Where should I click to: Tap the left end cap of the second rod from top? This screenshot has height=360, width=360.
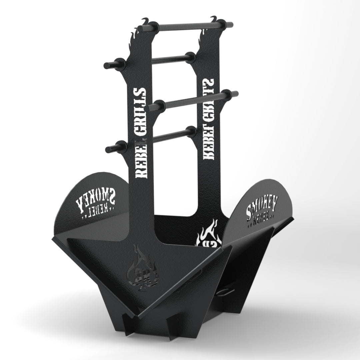coord(108,65)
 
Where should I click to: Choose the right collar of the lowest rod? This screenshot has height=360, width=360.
coord(191,131)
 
